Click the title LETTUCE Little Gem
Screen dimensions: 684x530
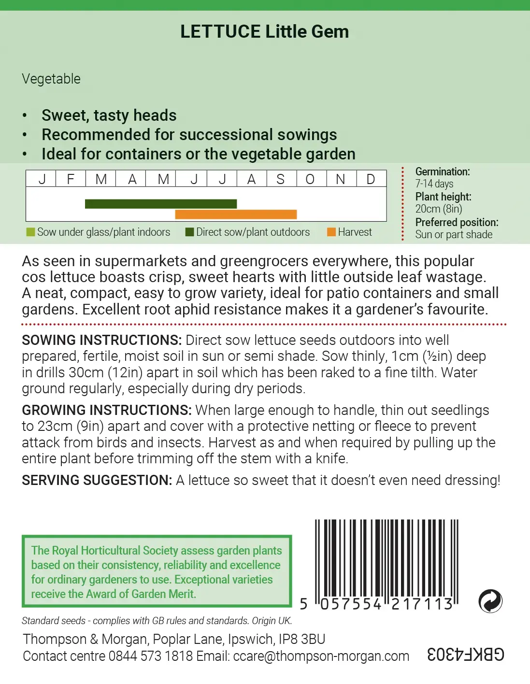click(264, 32)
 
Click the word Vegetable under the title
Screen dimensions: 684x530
click(51, 79)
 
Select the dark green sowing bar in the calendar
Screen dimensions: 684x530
click(161, 204)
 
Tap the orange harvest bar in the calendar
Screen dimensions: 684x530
click(236, 214)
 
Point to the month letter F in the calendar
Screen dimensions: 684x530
click(71, 179)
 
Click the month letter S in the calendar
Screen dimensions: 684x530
click(280, 179)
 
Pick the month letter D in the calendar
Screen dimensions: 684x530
click(371, 179)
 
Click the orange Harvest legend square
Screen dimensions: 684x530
click(331, 232)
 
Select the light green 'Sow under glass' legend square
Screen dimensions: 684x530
click(30, 232)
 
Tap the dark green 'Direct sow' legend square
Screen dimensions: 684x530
click(189, 232)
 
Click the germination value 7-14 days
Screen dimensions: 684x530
click(434, 184)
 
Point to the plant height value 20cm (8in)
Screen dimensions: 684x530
click(439, 209)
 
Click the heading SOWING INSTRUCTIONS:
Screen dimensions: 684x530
click(101, 340)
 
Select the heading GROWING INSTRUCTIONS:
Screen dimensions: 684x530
click(107, 410)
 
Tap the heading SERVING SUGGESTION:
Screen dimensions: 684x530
click(97, 480)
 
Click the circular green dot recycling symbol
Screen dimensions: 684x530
click(490, 601)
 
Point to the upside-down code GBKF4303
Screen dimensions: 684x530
click(466, 655)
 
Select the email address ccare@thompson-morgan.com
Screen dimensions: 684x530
click(321, 656)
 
